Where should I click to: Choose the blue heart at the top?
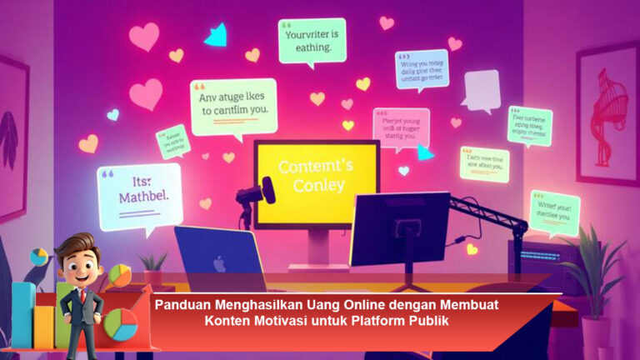coord(217,35)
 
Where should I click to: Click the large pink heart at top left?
coord(143,37)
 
